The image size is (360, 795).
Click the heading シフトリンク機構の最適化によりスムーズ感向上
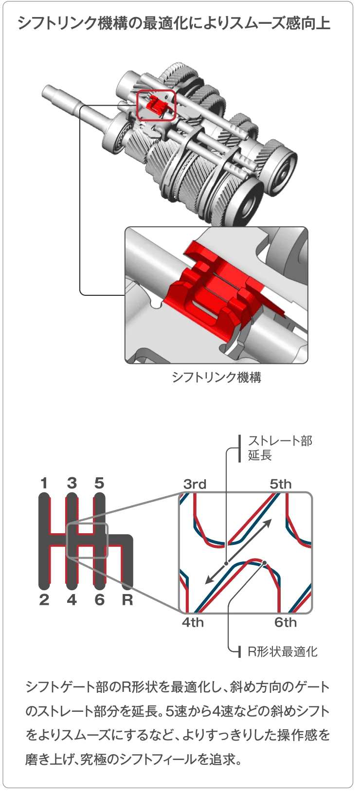174,23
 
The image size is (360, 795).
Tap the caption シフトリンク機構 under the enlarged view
216,378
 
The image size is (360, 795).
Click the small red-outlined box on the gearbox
156,105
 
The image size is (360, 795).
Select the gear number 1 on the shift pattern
44,483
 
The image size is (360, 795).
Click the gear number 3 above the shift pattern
72,483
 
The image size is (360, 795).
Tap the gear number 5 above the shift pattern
99,483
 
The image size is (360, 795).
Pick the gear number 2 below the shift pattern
44,599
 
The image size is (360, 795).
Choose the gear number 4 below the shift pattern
72,599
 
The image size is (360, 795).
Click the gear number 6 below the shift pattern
99,599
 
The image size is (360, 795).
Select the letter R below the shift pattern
127,599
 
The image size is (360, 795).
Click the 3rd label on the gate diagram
195,484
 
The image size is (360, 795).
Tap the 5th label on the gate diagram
281,484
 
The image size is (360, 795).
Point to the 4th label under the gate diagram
193,622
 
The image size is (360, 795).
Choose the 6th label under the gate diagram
285,622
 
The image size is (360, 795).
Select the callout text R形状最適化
282,651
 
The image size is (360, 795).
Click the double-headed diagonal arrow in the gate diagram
239,551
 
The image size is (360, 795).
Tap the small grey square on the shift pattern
87,541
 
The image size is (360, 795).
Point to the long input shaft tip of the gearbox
51,91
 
